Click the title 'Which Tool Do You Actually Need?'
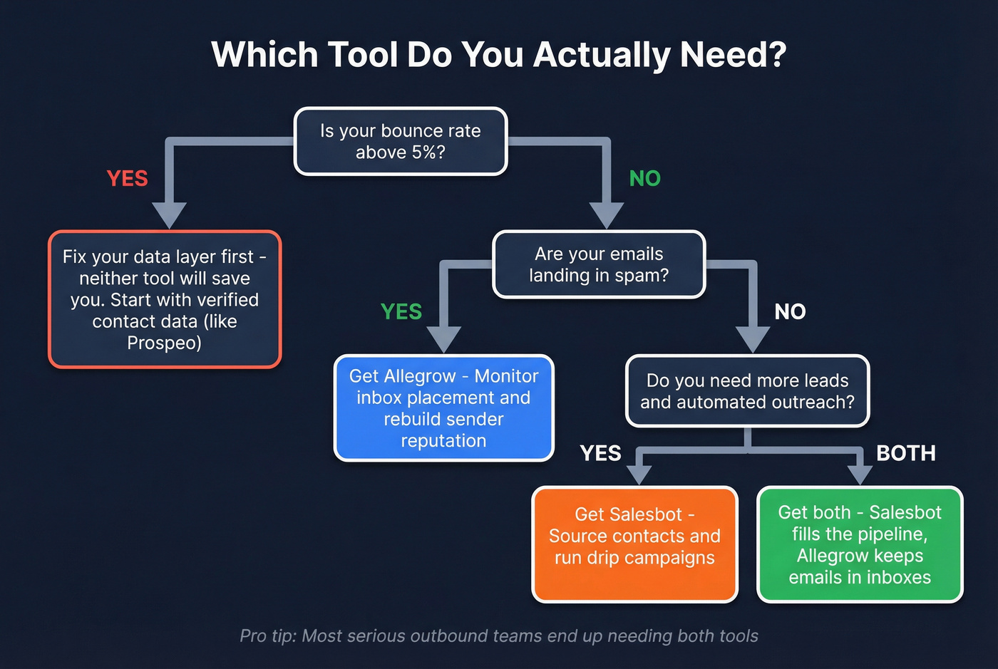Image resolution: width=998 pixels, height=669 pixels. (498, 55)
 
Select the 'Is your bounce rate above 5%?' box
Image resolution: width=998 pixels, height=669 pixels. (401, 141)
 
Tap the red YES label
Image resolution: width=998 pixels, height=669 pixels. (127, 178)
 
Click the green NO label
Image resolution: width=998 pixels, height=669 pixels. (644, 178)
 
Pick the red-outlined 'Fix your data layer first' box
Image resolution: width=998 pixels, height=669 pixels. (165, 299)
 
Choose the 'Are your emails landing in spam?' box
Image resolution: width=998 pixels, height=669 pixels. (599, 264)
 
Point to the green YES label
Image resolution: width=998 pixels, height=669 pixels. (401, 311)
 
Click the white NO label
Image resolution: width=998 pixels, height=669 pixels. (790, 311)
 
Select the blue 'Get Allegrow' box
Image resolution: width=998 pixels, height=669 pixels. (443, 408)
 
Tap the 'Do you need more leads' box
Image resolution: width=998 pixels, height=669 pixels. (747, 391)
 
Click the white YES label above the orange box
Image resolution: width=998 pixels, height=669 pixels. (600, 453)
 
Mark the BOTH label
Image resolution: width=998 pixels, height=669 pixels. (905, 453)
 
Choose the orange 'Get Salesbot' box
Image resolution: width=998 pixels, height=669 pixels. (634, 544)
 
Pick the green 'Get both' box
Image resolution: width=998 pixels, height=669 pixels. (860, 544)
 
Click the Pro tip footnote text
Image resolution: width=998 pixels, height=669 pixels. (498, 636)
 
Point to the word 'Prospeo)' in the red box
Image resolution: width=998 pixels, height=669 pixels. (164, 343)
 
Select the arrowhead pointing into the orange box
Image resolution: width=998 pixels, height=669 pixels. (639, 474)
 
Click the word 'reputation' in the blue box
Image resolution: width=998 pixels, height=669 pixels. (443, 441)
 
